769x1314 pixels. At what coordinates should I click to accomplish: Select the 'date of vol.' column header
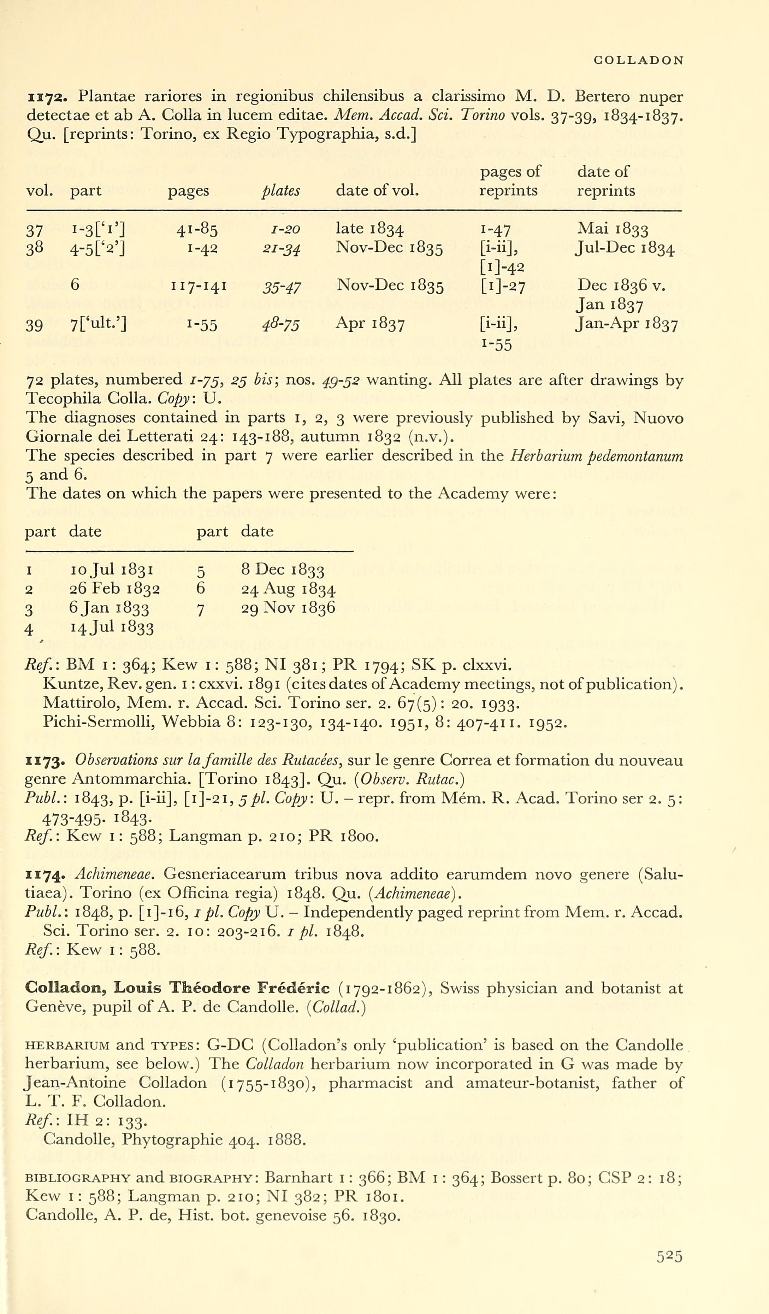(377, 190)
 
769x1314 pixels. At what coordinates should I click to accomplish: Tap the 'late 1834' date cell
(369, 228)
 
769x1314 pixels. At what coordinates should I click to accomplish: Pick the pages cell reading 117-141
(199, 285)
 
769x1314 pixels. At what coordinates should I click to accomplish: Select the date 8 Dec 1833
(283, 570)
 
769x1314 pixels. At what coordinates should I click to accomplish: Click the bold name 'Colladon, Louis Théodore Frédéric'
(177, 988)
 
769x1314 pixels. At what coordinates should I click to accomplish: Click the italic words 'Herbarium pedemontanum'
(596, 456)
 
